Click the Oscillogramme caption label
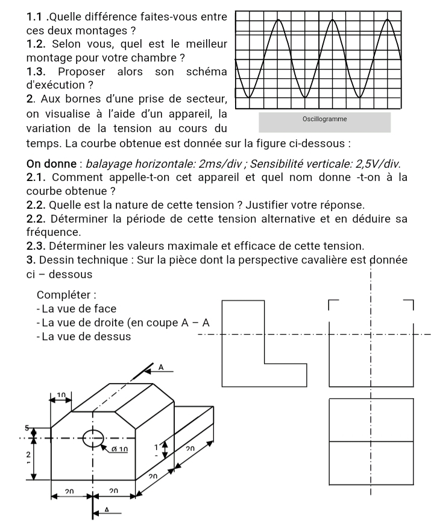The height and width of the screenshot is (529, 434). click(324, 119)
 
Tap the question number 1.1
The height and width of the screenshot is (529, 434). click(35, 15)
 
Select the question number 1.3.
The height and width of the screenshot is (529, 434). click(35, 72)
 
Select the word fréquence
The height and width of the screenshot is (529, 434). click(53, 232)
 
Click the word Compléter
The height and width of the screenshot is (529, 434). click(66, 295)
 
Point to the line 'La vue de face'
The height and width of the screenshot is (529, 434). click(80, 309)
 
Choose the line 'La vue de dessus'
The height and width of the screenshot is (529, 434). click(86, 337)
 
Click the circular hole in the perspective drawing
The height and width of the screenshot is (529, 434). click(93, 438)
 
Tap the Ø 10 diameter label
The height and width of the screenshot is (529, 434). click(118, 449)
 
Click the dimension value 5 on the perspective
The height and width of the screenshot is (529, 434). click(27, 428)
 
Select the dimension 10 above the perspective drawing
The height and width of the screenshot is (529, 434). click(61, 395)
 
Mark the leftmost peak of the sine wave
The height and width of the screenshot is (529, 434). click(280, 21)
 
